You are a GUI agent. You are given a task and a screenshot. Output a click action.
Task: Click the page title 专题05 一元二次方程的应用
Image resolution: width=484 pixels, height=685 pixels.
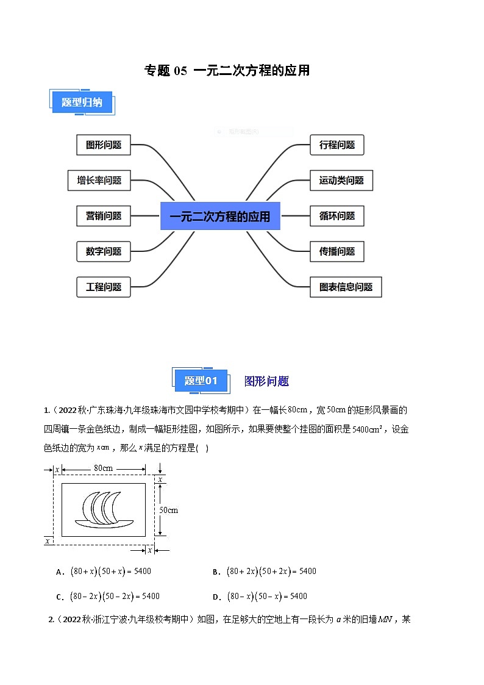click(227, 71)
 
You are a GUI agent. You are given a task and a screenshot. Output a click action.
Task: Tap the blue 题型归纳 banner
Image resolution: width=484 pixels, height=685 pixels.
click(81, 102)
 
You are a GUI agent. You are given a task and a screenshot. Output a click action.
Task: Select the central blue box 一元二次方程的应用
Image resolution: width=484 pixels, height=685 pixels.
click(220, 216)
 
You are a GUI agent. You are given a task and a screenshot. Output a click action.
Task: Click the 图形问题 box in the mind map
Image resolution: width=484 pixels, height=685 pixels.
click(104, 145)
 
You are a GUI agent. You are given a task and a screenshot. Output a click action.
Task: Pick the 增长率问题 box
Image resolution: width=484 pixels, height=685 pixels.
click(99, 181)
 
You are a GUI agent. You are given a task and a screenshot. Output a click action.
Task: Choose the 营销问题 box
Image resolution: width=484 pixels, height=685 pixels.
click(104, 216)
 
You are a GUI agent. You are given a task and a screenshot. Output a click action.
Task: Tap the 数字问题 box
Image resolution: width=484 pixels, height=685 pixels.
click(104, 251)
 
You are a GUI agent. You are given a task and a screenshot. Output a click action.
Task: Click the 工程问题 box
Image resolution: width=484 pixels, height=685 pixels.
click(104, 287)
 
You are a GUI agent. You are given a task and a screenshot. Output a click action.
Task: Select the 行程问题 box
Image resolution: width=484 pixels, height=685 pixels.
click(337, 145)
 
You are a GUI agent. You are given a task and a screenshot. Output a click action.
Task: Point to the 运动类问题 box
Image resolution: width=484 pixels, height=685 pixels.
click(341, 181)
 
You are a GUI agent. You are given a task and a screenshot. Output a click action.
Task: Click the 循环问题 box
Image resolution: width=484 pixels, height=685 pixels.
click(337, 216)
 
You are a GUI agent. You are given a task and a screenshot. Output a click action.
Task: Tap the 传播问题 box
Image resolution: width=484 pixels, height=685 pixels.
click(337, 251)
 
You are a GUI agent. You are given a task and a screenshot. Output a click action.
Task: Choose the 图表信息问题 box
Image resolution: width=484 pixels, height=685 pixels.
click(346, 287)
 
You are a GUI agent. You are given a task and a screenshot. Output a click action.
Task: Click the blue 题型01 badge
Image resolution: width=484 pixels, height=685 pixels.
click(201, 381)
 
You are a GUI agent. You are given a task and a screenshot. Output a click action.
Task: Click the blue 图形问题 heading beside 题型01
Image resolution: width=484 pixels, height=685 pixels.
click(266, 381)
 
